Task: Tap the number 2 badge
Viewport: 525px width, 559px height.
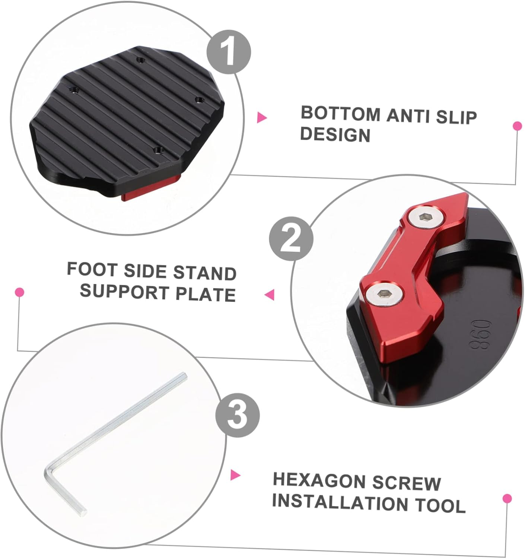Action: (291, 239)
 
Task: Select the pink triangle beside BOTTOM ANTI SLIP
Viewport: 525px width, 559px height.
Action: (262, 118)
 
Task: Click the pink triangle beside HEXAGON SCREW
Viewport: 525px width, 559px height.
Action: (235, 475)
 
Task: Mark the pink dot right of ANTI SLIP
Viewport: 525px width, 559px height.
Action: (517, 126)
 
